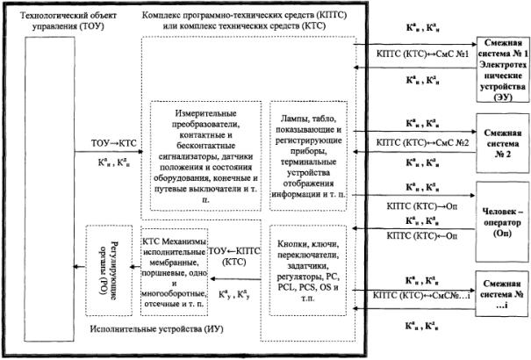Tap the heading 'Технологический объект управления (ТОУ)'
[61, 21]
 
